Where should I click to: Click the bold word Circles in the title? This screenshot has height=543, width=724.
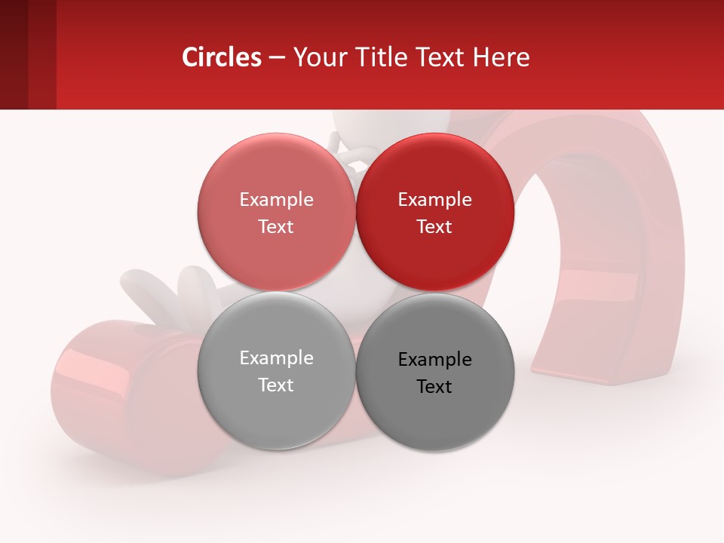pos(222,57)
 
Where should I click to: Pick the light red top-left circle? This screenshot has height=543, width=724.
pos(276,170)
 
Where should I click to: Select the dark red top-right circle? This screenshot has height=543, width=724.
pos(435,170)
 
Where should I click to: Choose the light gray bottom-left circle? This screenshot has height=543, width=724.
pos(276,407)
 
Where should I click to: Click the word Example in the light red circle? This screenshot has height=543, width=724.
pos(276,199)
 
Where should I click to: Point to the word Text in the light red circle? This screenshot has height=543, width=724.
pos(276,226)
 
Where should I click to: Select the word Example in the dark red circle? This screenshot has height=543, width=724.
pos(434,199)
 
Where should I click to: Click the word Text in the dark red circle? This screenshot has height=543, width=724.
pos(434,226)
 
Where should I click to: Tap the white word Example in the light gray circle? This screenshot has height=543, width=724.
pos(276,357)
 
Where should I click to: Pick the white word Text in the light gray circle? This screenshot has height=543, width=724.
pos(276,385)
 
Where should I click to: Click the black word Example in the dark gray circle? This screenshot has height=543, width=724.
pos(434,359)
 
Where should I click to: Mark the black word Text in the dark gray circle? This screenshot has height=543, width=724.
pos(434,386)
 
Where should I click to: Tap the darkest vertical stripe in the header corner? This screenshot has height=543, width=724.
pos(14,54)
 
